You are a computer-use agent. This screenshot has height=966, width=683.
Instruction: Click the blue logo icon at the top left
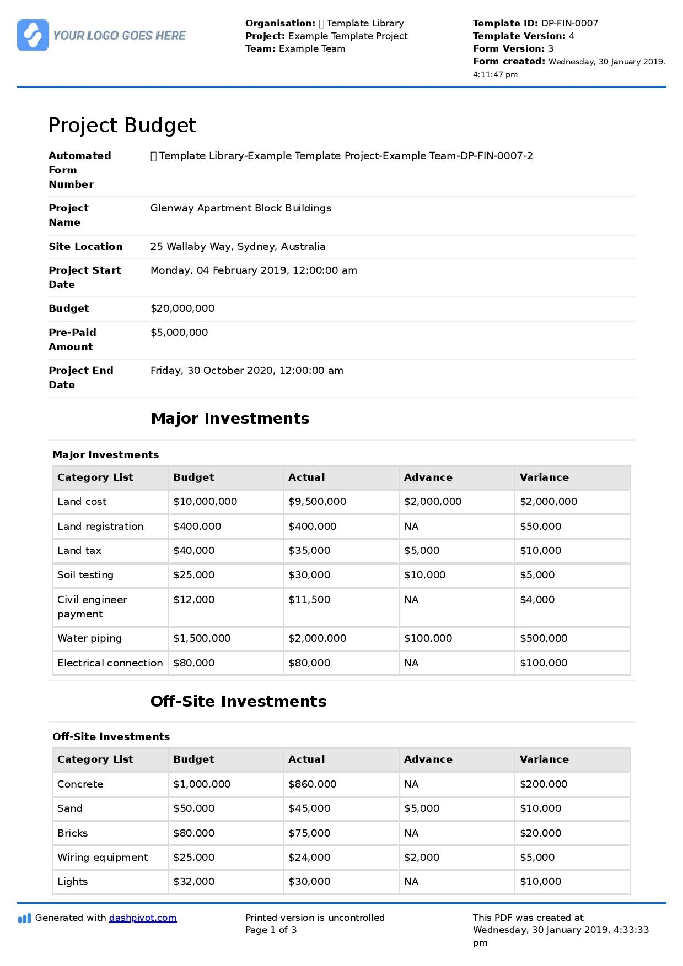point(33,35)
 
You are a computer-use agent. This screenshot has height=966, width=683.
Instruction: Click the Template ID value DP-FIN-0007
point(569,23)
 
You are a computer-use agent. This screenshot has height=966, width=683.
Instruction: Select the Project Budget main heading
point(122,126)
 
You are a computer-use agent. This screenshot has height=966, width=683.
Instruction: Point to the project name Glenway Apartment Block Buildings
point(240,208)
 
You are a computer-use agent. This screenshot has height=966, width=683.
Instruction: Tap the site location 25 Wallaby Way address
point(238,247)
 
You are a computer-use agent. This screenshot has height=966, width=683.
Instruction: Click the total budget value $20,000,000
point(182,308)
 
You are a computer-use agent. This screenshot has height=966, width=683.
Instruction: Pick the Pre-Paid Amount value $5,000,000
point(179,333)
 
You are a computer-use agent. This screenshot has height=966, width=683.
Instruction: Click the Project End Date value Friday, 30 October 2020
point(246,371)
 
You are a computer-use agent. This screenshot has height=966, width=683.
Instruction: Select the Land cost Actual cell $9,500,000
point(317,502)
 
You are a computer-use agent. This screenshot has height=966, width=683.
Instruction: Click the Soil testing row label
point(85,575)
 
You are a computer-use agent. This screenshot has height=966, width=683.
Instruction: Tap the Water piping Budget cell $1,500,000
point(202,638)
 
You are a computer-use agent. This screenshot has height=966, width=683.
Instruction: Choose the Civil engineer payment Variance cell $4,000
point(537,600)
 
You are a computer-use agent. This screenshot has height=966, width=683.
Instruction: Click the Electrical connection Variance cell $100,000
point(543,663)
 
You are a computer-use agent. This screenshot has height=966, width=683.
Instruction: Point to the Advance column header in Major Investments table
point(428,477)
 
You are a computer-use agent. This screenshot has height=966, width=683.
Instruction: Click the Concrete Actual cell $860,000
point(312,784)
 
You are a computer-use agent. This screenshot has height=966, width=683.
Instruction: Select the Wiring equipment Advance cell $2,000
point(422,858)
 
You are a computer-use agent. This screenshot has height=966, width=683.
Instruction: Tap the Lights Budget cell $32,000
point(193,882)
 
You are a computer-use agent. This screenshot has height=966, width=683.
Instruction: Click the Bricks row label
point(73,833)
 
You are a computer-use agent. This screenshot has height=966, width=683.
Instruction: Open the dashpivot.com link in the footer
point(143,918)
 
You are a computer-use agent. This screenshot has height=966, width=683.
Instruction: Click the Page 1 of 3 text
point(271,930)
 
